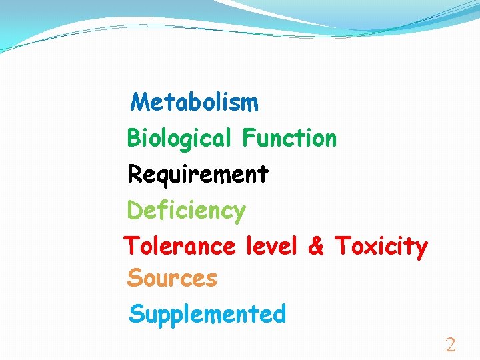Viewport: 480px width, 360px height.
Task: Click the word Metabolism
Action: (195, 103)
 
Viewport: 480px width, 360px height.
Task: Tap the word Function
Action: (289, 139)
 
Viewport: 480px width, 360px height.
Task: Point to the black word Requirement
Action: (198, 175)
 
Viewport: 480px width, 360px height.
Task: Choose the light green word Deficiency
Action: (187, 211)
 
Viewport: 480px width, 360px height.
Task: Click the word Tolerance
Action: (180, 247)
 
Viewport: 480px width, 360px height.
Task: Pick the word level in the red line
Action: (271, 247)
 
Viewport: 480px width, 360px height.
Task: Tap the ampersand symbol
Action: (316, 247)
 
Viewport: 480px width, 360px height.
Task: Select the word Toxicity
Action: (381, 247)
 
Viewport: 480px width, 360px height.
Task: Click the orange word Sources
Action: (172, 278)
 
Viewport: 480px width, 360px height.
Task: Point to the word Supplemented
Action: (207, 314)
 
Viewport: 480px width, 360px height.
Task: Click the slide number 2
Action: (450, 345)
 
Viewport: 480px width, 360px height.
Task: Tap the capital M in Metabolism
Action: (140, 103)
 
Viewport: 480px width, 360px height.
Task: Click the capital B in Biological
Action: (133, 139)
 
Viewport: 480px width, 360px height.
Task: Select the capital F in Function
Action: (249, 139)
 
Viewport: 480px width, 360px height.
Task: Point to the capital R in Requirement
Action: (134, 175)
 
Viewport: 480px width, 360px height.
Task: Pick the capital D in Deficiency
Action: (134, 211)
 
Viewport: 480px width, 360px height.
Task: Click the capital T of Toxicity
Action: (342, 246)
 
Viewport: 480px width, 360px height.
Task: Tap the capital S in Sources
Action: (134, 278)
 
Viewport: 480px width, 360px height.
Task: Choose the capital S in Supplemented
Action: (136, 313)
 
